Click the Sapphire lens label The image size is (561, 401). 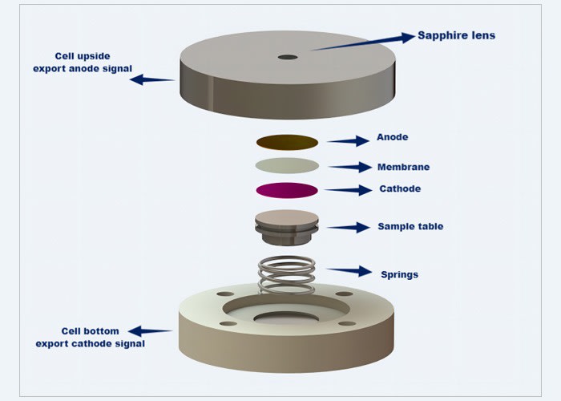456,36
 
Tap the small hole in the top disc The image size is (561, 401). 287,57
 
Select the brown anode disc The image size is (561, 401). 287,142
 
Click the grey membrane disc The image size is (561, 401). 287,165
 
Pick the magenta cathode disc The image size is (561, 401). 287,190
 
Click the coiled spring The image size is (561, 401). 286,274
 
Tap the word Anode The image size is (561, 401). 392,137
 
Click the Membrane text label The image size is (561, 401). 403,167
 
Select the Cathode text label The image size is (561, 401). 399,189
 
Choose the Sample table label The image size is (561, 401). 410,227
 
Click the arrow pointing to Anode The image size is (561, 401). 347,141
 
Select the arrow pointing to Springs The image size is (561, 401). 349,271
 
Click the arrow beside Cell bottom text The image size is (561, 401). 150,330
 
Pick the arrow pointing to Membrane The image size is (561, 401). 349,167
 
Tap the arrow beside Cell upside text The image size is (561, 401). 151,79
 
